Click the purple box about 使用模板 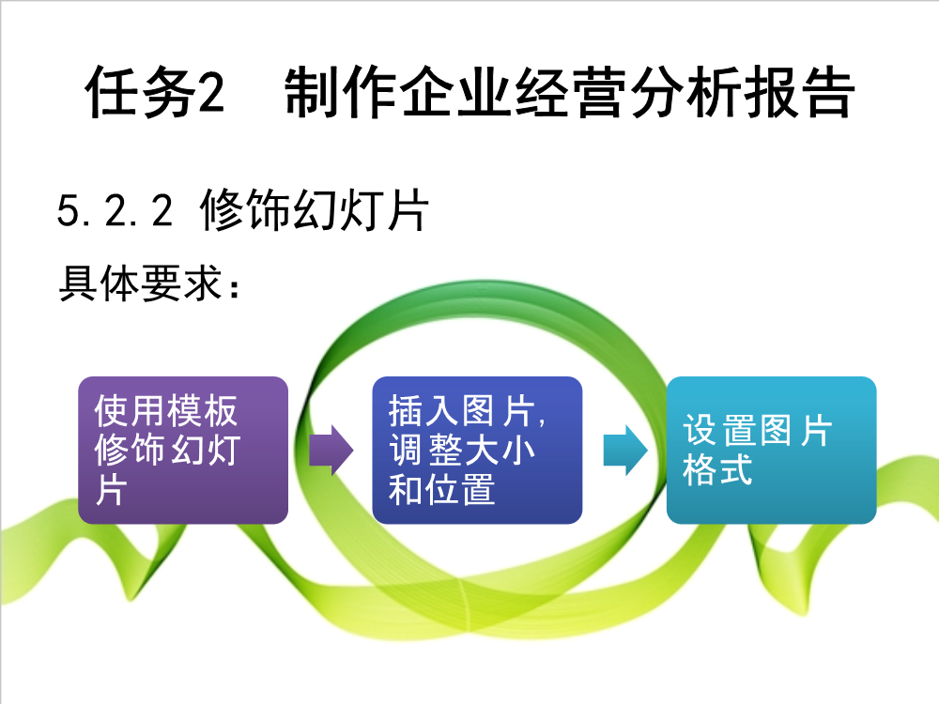point(183,451)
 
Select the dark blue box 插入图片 point(477,451)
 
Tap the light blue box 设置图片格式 point(771,451)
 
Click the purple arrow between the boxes point(331,451)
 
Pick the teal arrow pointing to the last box point(625,451)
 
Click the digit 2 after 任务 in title point(210,93)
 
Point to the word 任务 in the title point(141,92)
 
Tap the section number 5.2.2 point(115,210)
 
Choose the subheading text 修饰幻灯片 point(315,209)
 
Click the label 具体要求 point(142,283)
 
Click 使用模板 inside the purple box point(166,411)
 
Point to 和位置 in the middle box point(442,490)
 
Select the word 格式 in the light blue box point(717,469)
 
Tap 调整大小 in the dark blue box point(462,450)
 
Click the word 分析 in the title point(685,92)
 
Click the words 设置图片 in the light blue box point(758,430)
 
